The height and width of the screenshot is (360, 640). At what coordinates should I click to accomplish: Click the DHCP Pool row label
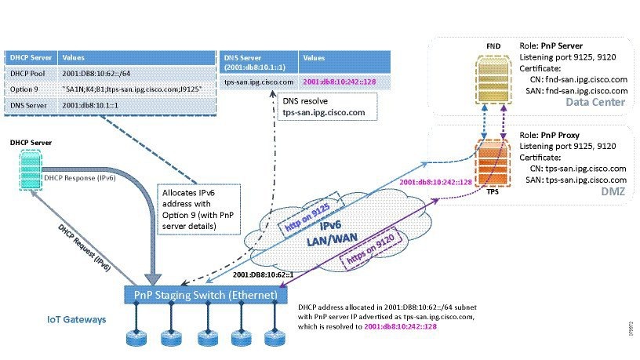point(26,73)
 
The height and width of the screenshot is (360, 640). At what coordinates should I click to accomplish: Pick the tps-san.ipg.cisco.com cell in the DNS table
point(259,80)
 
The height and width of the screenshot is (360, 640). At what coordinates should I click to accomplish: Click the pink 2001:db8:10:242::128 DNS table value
point(341,80)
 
